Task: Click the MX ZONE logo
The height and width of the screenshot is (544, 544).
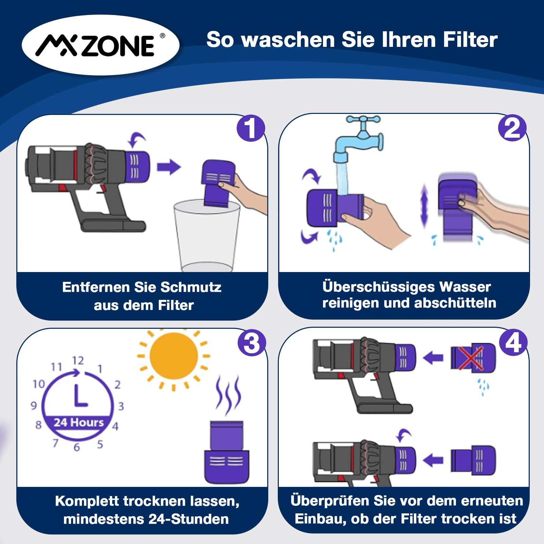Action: pyautogui.click(x=101, y=45)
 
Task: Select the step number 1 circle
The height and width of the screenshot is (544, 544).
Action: pyautogui.click(x=251, y=128)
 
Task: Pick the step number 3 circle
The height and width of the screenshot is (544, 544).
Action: pyautogui.click(x=251, y=342)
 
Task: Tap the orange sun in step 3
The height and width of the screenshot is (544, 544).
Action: pyautogui.click(x=173, y=356)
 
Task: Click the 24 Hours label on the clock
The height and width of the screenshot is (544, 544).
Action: pyautogui.click(x=79, y=422)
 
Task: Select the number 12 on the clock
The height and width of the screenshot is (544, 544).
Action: pyautogui.click(x=78, y=360)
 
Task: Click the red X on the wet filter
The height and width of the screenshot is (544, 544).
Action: pyautogui.click(x=471, y=358)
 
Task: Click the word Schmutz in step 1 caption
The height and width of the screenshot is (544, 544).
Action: pyautogui.click(x=191, y=287)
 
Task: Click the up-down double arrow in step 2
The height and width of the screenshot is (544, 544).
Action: pyautogui.click(x=424, y=205)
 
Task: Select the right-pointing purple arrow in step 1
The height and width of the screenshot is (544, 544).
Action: pyautogui.click(x=169, y=167)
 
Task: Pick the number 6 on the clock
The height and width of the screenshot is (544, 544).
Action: pyautogui.click(x=77, y=447)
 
